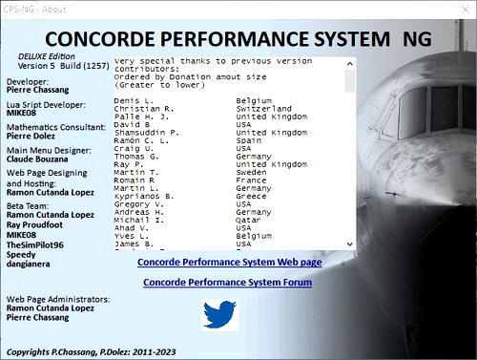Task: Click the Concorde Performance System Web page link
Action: tap(229, 262)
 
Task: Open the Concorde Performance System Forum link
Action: tap(228, 283)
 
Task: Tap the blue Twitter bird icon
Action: tap(219, 314)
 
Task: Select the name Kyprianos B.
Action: tap(141, 196)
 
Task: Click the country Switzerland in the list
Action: tap(264, 110)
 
